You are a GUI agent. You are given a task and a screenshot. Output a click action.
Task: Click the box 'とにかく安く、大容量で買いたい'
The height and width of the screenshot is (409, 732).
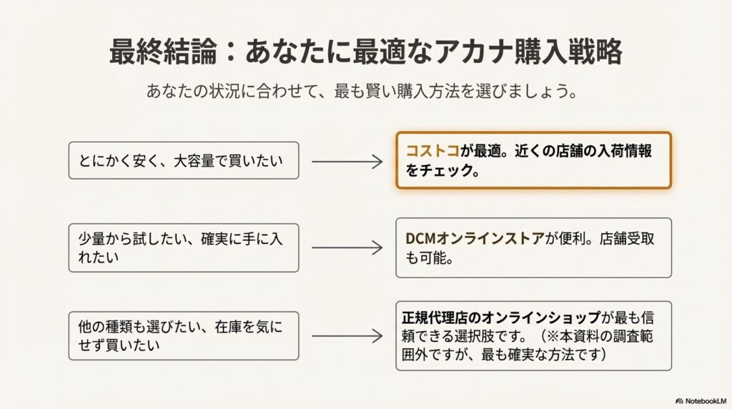point(184,160)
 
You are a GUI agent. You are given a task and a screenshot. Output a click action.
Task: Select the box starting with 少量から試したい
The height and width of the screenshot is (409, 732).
point(184,248)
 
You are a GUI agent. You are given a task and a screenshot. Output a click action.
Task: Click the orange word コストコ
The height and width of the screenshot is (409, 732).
point(432,152)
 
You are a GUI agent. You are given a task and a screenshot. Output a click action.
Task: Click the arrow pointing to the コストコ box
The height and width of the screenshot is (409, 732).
point(347,160)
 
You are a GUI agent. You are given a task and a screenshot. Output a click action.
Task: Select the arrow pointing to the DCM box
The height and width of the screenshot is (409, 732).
point(347,248)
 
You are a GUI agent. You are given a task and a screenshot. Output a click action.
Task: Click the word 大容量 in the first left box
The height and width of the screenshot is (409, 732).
point(206,160)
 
